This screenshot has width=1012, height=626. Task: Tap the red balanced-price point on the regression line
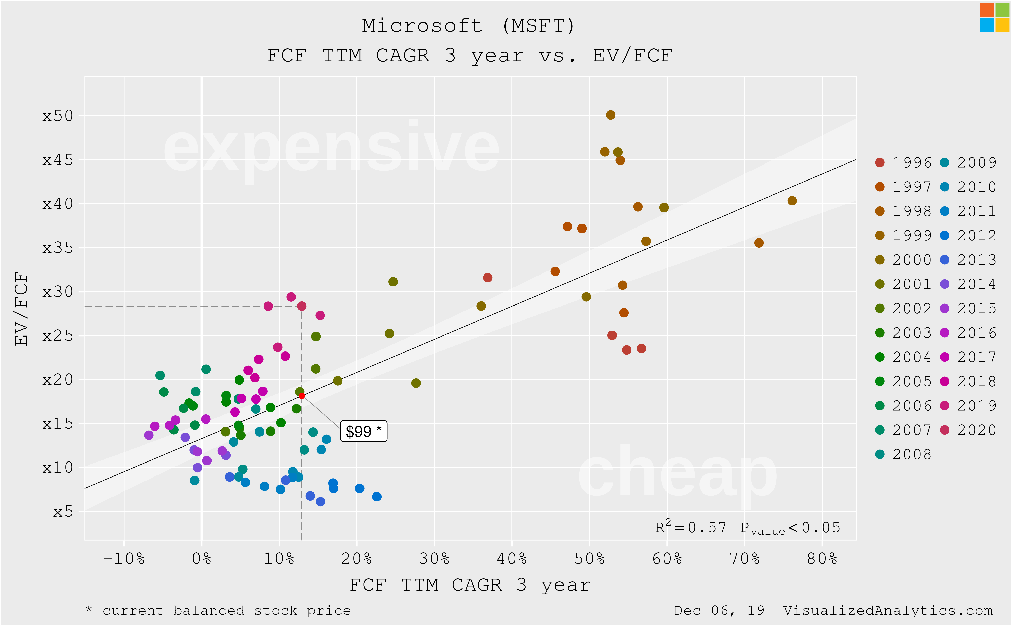tap(302, 396)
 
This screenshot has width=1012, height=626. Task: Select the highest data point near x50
tap(610, 115)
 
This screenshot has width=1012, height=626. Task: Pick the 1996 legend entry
tap(904, 162)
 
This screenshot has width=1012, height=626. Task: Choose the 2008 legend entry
tap(904, 454)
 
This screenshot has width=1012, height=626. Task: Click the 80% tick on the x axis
tap(822, 559)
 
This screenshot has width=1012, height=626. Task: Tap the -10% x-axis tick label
tap(124, 559)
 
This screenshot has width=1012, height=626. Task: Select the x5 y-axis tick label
tap(63, 512)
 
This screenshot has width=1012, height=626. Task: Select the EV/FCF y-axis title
tap(21, 309)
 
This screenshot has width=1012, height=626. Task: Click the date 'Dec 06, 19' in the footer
tap(719, 610)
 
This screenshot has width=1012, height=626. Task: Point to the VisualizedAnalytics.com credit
tap(888, 610)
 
